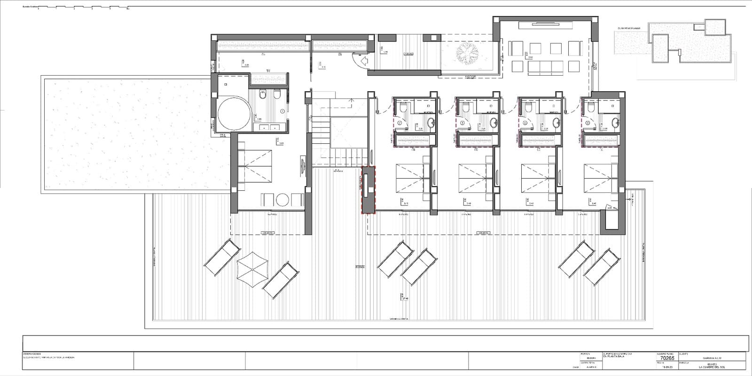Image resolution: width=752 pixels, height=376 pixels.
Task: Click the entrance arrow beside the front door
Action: click(x=363, y=61)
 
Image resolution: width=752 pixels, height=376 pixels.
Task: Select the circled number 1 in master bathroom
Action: click(x=282, y=111)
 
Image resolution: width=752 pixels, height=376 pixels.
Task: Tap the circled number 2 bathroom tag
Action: click(x=400, y=123)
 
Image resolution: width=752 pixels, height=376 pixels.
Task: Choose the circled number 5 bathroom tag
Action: click(x=587, y=123)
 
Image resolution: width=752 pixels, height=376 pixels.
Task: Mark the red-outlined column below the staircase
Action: click(x=368, y=190)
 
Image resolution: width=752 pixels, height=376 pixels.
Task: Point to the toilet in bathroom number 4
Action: click(x=528, y=108)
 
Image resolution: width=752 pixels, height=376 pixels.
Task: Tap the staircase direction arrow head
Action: click(x=352, y=100)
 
